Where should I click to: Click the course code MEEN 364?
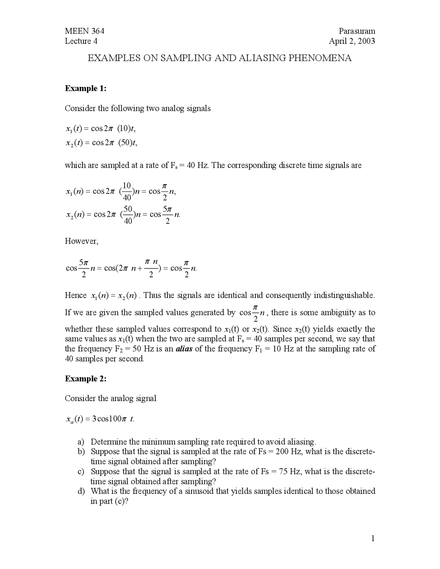click(84, 31)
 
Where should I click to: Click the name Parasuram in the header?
click(356, 31)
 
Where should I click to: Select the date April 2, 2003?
click(352, 41)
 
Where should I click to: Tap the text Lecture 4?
click(81, 41)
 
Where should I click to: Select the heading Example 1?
click(86, 88)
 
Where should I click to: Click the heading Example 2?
click(86, 379)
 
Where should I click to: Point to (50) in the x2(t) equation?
click(125, 143)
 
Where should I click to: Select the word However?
click(81, 241)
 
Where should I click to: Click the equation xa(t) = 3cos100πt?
click(100, 420)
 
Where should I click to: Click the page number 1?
click(372, 538)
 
